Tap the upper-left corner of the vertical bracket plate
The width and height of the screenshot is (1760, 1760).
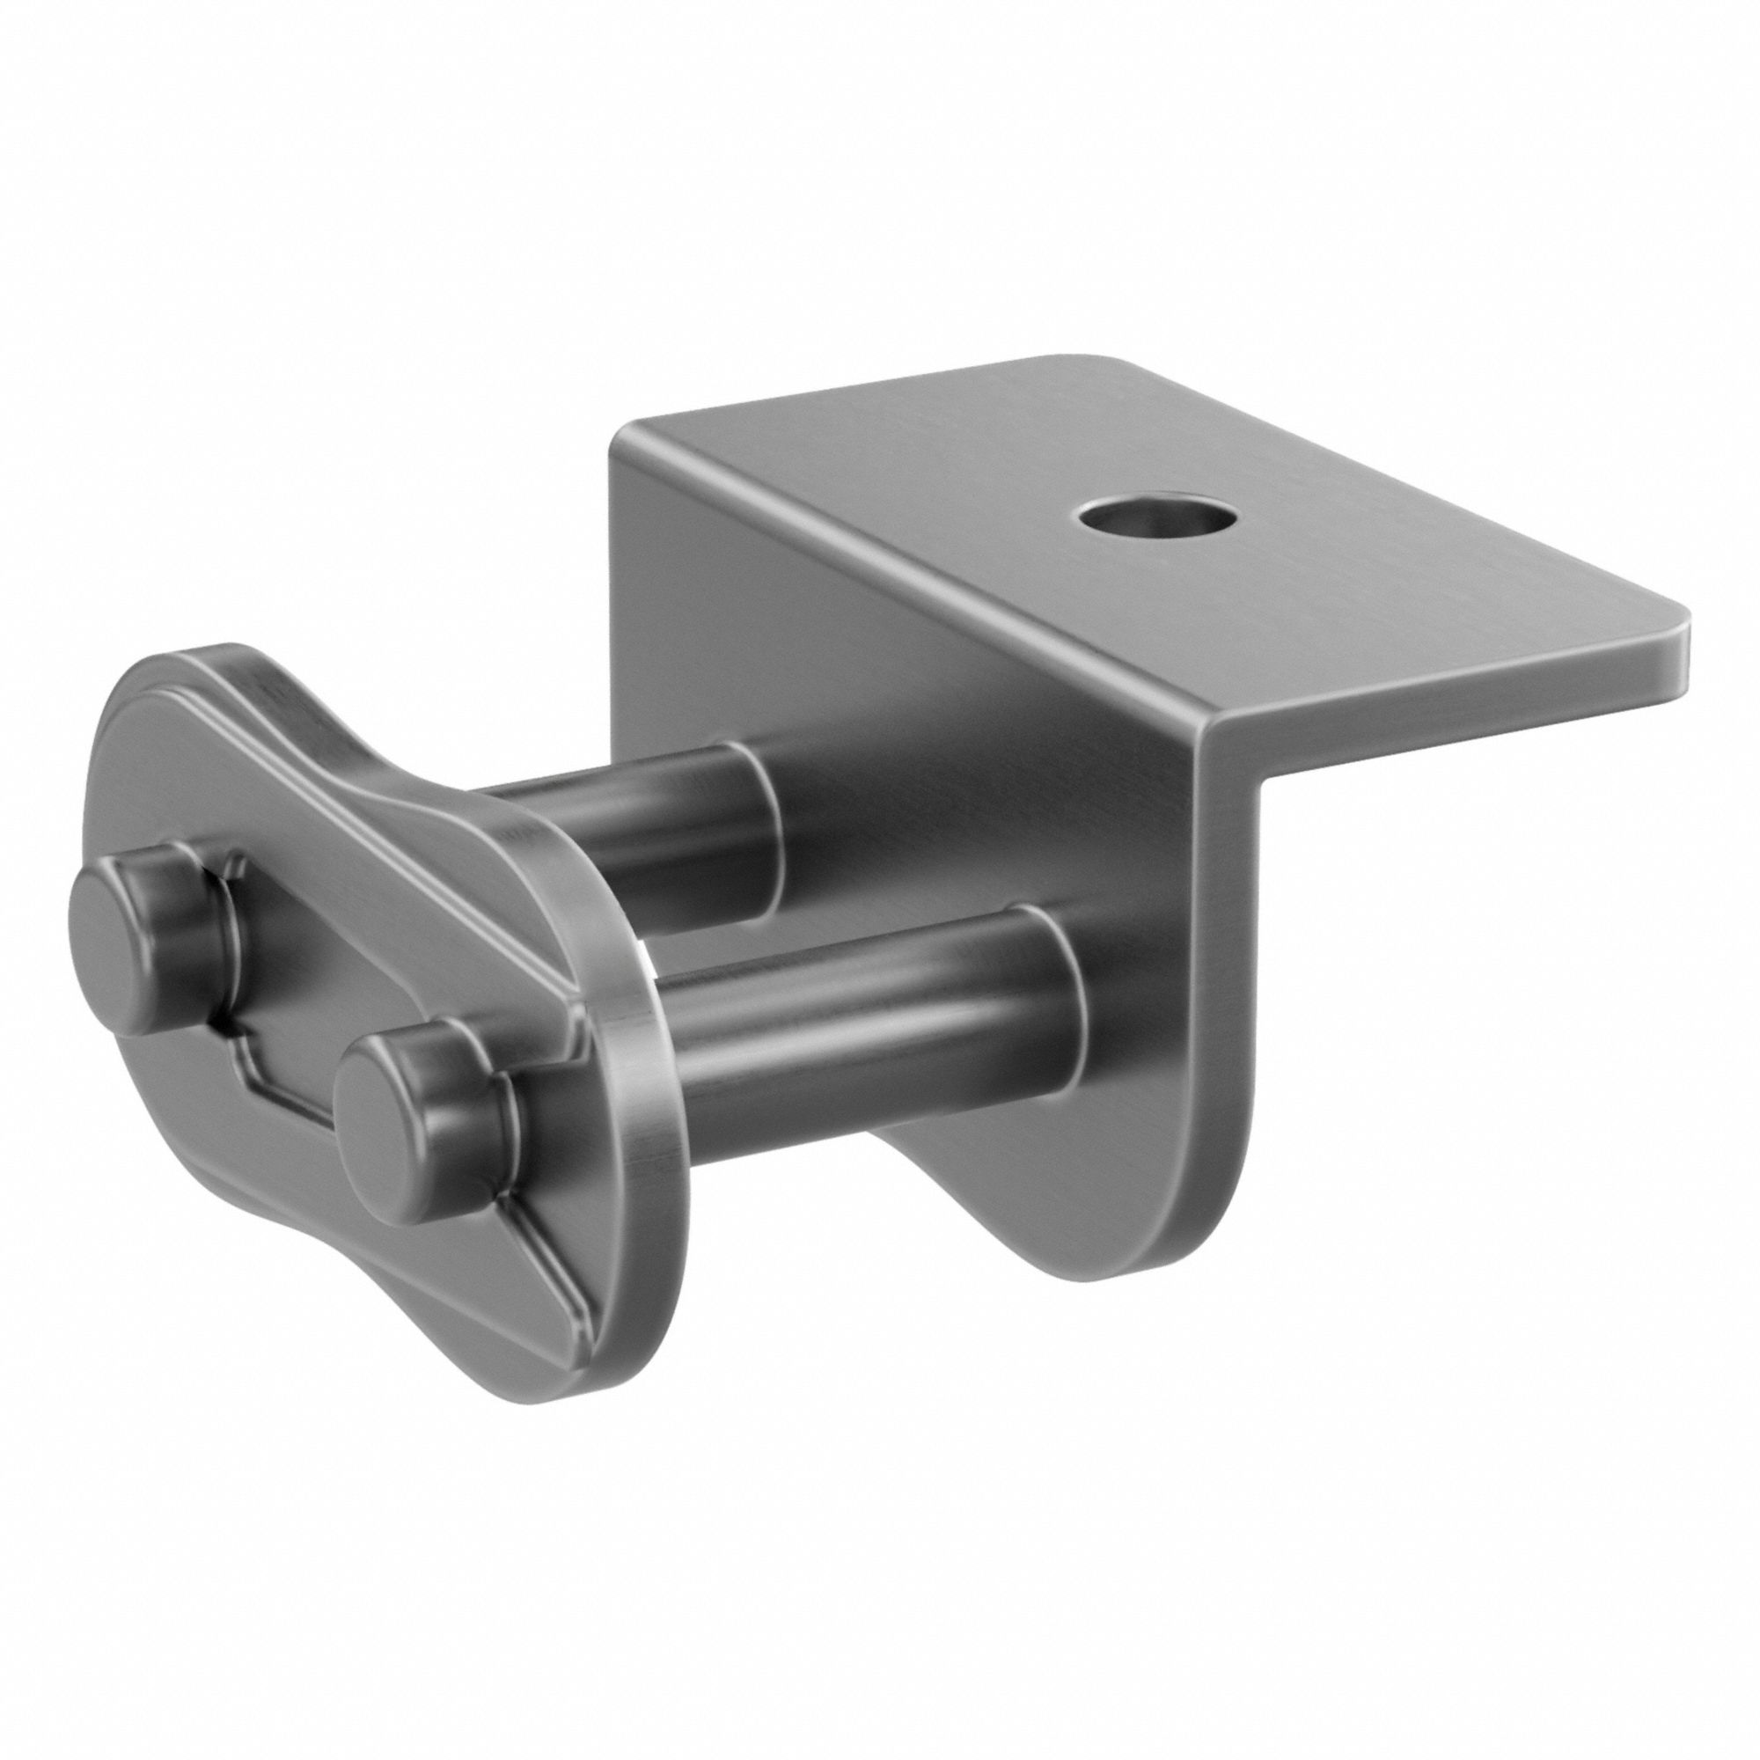pyautogui.click(x=628, y=437)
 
